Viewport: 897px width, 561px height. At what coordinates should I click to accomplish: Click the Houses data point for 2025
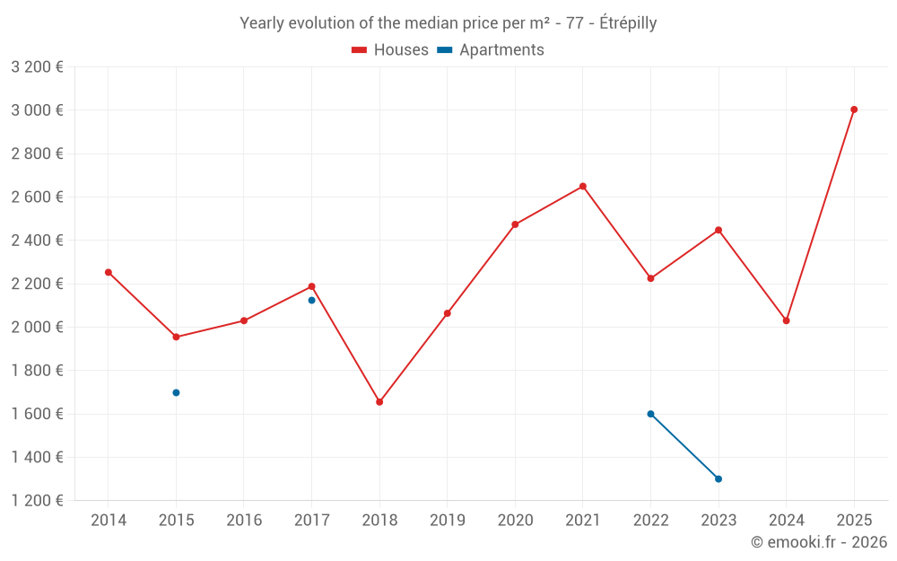click(854, 110)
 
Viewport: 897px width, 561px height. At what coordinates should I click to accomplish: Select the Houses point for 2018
click(379, 402)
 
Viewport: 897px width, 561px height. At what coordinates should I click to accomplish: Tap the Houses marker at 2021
click(583, 187)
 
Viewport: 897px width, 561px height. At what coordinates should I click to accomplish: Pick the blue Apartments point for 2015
click(176, 392)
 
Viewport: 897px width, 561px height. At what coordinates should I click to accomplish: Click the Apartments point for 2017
click(311, 300)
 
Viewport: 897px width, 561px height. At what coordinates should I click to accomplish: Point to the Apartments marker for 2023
click(718, 478)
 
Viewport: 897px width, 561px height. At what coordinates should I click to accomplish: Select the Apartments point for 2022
click(650, 414)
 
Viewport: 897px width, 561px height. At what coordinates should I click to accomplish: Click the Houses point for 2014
click(109, 272)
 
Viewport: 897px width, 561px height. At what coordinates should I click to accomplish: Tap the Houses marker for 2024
click(787, 320)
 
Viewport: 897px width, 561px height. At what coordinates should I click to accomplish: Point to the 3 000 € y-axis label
click(37, 110)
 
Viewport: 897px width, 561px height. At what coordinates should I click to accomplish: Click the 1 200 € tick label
click(37, 501)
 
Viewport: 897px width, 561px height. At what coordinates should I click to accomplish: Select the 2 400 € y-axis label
click(37, 241)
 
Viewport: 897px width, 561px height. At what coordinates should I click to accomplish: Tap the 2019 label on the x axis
click(448, 521)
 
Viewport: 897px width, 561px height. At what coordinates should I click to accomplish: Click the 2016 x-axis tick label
click(244, 521)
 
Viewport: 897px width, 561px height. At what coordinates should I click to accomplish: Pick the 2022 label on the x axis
click(650, 521)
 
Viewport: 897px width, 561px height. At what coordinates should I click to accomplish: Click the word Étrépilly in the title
click(627, 23)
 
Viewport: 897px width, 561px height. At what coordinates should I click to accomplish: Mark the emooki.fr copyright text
click(818, 542)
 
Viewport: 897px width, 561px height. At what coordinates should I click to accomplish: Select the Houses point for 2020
click(515, 224)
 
